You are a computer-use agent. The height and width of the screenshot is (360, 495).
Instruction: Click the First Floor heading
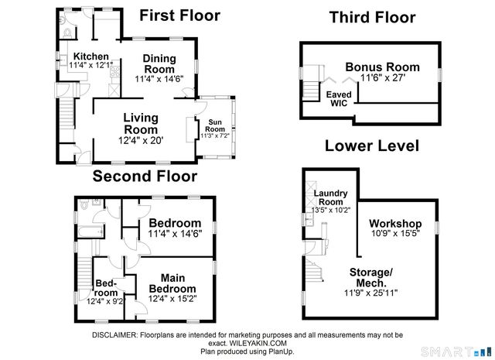coord(179,15)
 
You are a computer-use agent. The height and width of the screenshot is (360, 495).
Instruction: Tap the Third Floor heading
coord(372,17)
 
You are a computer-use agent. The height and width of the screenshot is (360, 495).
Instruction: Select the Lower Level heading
coord(372,146)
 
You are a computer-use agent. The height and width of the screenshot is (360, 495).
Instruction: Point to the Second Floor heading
coord(145,176)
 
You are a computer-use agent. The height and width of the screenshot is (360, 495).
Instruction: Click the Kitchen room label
coord(91,57)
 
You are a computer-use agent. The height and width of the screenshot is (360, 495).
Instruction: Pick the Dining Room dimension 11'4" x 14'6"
coord(159,79)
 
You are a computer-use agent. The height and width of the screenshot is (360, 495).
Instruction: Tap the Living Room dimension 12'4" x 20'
coord(141,140)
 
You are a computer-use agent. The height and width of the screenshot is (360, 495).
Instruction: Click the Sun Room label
coord(215,125)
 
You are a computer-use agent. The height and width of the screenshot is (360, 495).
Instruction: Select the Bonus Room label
coord(382,67)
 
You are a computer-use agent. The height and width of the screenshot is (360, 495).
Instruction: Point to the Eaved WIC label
coord(339,99)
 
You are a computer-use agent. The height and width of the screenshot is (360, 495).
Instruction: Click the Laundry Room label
coord(330,197)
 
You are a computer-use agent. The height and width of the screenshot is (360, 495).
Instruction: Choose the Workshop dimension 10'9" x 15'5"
coord(395,234)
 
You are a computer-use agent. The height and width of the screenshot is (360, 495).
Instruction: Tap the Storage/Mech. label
coord(371,277)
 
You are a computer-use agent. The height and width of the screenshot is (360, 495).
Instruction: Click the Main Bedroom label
coord(172,283)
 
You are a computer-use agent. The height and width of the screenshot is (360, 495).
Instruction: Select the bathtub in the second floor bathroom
coord(90,231)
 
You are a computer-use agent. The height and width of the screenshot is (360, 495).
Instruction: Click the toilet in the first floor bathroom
coord(67,33)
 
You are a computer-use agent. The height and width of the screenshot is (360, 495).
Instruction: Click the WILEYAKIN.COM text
coord(258,343)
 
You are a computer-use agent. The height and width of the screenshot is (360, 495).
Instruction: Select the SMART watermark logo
coord(456,351)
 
